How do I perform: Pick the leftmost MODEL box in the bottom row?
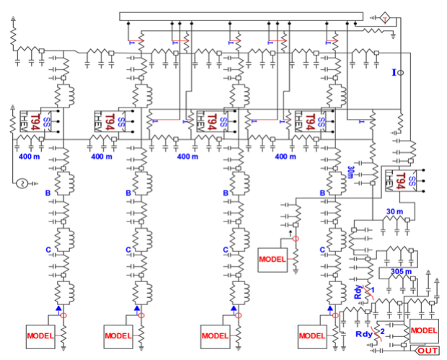pyautogui.click(x=41, y=335)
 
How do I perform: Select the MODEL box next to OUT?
pyautogui.click(x=423, y=329)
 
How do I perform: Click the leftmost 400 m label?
pyautogui.click(x=32, y=156)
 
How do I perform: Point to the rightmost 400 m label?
pyautogui.click(x=286, y=156)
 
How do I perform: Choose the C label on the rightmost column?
pyautogui.click(x=322, y=250)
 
